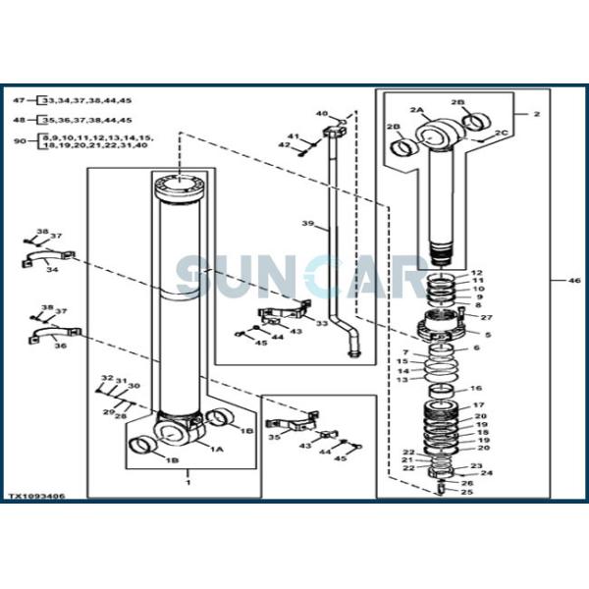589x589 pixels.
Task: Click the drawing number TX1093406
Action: tap(38, 498)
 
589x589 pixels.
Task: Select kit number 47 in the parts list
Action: tap(19, 100)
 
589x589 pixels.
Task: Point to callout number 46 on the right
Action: tap(561, 281)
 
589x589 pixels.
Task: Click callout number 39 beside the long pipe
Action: tap(307, 225)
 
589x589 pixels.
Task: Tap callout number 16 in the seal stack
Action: tap(476, 389)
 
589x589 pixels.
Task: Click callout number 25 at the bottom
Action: tap(466, 491)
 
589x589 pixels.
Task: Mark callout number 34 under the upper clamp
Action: tap(51, 270)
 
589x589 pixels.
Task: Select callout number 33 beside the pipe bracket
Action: tap(322, 323)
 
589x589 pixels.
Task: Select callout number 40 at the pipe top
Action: tap(320, 114)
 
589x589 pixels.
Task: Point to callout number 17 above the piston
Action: tap(478, 404)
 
